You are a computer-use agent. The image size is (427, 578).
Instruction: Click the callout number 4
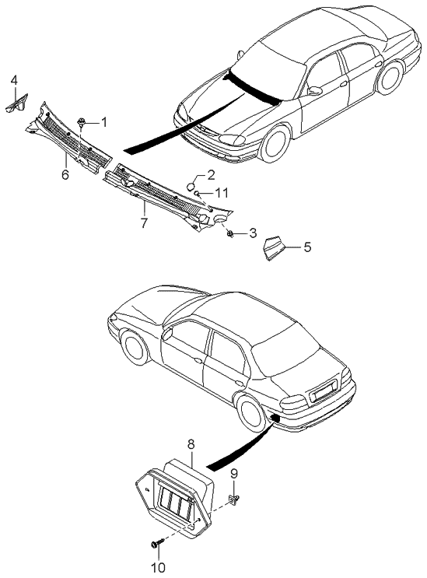pos(14,80)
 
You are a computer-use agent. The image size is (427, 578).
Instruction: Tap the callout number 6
pos(65,174)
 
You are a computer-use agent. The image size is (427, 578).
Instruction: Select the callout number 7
pos(144,222)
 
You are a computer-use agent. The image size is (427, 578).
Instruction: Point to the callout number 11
pos(222,192)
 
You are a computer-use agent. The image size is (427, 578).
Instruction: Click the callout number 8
pos(191,444)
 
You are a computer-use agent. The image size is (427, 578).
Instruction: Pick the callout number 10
pos(159,567)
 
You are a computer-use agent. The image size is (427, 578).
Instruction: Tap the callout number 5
pos(307,247)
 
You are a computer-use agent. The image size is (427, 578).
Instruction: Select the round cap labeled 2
pos(191,186)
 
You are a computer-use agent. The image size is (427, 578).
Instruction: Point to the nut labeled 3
pos(231,233)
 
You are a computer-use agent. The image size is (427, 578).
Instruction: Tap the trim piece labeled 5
pos(274,248)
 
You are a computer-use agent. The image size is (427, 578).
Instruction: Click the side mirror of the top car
pos(315,91)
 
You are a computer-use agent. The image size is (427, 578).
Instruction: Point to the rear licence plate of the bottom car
pos(323,393)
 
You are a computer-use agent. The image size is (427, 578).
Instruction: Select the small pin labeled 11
pos(198,193)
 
